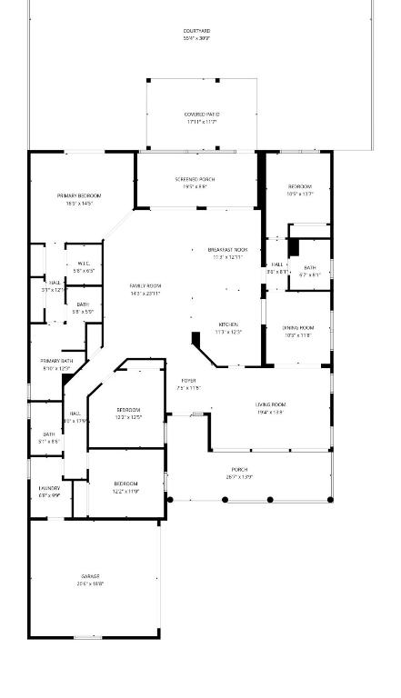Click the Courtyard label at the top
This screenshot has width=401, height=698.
point(196,31)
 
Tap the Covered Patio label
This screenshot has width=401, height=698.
point(201,115)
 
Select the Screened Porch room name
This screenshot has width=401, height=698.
point(195,179)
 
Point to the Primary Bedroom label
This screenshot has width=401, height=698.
point(79,195)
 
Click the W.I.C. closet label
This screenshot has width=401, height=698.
point(84,264)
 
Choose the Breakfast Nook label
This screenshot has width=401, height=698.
point(227,249)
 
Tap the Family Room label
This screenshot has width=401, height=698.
point(145,286)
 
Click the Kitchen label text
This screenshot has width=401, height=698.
point(227,324)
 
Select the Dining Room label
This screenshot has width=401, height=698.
point(297,327)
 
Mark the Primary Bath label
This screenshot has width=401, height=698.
point(56,361)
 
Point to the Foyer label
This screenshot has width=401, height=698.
point(188,381)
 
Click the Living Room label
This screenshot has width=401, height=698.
point(270,404)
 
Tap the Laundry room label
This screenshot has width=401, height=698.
point(49,488)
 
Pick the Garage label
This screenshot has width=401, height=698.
point(90,576)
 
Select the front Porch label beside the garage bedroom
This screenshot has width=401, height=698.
point(239,470)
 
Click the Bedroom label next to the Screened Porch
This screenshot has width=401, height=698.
point(300,186)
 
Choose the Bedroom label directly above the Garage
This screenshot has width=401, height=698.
point(125,484)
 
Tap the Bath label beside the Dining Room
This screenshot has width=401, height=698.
point(310,267)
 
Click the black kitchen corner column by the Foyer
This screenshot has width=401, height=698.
point(196,340)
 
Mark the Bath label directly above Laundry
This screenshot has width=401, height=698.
point(49,434)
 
